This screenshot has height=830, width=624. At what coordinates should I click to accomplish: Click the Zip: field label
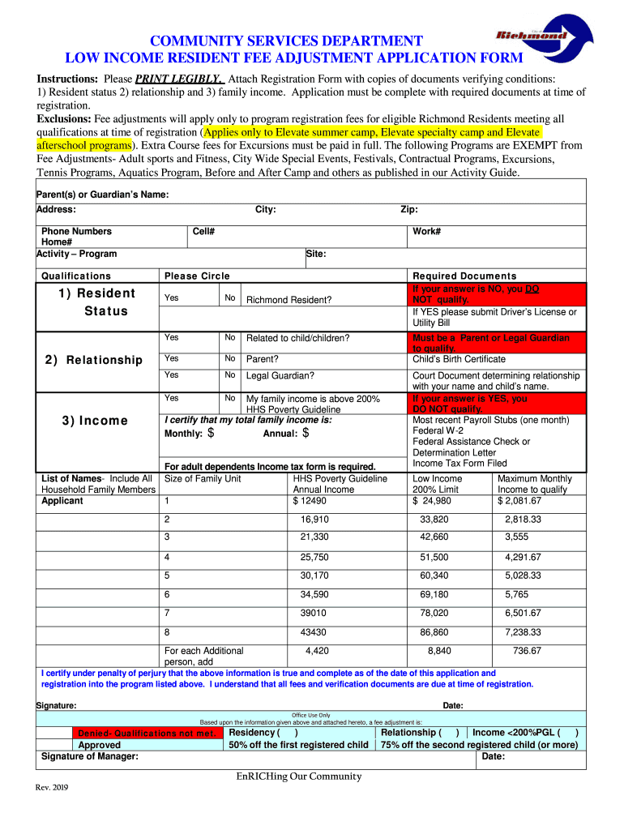tap(409, 210)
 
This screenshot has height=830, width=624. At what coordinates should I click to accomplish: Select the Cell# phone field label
tap(203, 232)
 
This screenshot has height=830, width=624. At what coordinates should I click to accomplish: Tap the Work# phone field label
tap(426, 232)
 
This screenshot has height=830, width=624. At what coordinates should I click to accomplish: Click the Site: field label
tap(316, 254)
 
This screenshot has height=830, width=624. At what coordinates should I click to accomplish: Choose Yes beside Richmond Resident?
tap(171, 298)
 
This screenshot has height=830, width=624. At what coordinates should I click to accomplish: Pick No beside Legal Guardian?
tap(230, 375)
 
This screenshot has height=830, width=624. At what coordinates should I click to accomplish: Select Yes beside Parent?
tap(171, 357)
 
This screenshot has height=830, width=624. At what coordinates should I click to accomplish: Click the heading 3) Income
tap(95, 421)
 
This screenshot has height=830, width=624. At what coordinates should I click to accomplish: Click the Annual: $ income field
tap(286, 434)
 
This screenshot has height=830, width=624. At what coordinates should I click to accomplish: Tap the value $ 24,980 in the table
tap(432, 500)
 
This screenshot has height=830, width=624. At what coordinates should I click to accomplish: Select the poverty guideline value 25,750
tap(314, 558)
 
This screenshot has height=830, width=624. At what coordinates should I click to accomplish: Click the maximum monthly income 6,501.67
tap(523, 614)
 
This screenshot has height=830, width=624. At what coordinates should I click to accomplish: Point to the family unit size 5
tap(167, 576)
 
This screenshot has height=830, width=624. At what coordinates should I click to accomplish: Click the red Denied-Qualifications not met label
tap(147, 734)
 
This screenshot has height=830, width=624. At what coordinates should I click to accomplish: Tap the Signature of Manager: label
tap(89, 756)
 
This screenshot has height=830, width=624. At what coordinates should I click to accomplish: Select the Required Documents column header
tap(464, 276)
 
